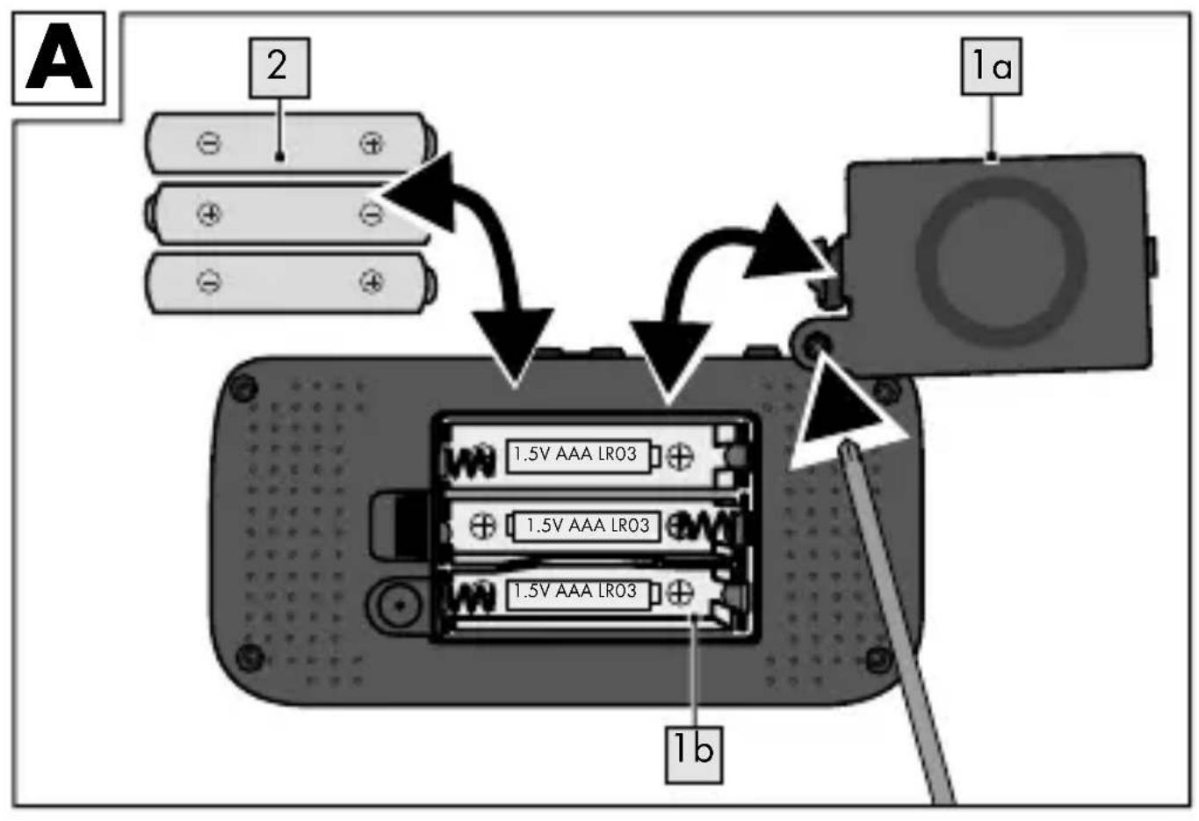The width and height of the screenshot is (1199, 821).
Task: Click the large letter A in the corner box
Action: pos(59,57)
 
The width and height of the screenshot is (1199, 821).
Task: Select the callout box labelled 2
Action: pos(279,68)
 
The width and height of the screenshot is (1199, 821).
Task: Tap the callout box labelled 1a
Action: pos(992,67)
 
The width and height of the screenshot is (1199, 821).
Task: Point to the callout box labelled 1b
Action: pos(694,755)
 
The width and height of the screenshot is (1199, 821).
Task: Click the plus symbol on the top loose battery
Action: pos(372,143)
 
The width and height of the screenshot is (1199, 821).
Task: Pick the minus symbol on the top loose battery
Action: pos(209,143)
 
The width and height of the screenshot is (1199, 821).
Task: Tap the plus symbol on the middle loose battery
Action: pos(209,214)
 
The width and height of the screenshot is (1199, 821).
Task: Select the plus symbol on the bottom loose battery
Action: pos(372,281)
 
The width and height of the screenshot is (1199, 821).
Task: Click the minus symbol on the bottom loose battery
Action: pos(209,281)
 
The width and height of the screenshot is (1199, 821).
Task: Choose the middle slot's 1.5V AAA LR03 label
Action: pos(587,526)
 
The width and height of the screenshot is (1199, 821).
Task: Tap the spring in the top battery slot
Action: pos(468,460)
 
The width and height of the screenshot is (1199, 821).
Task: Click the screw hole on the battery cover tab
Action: pos(813,343)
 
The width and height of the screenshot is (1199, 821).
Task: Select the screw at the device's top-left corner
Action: pos(243,387)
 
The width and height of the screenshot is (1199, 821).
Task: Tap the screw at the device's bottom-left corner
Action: pos(250,657)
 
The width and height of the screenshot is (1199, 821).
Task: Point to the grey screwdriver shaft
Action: pos(897,621)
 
